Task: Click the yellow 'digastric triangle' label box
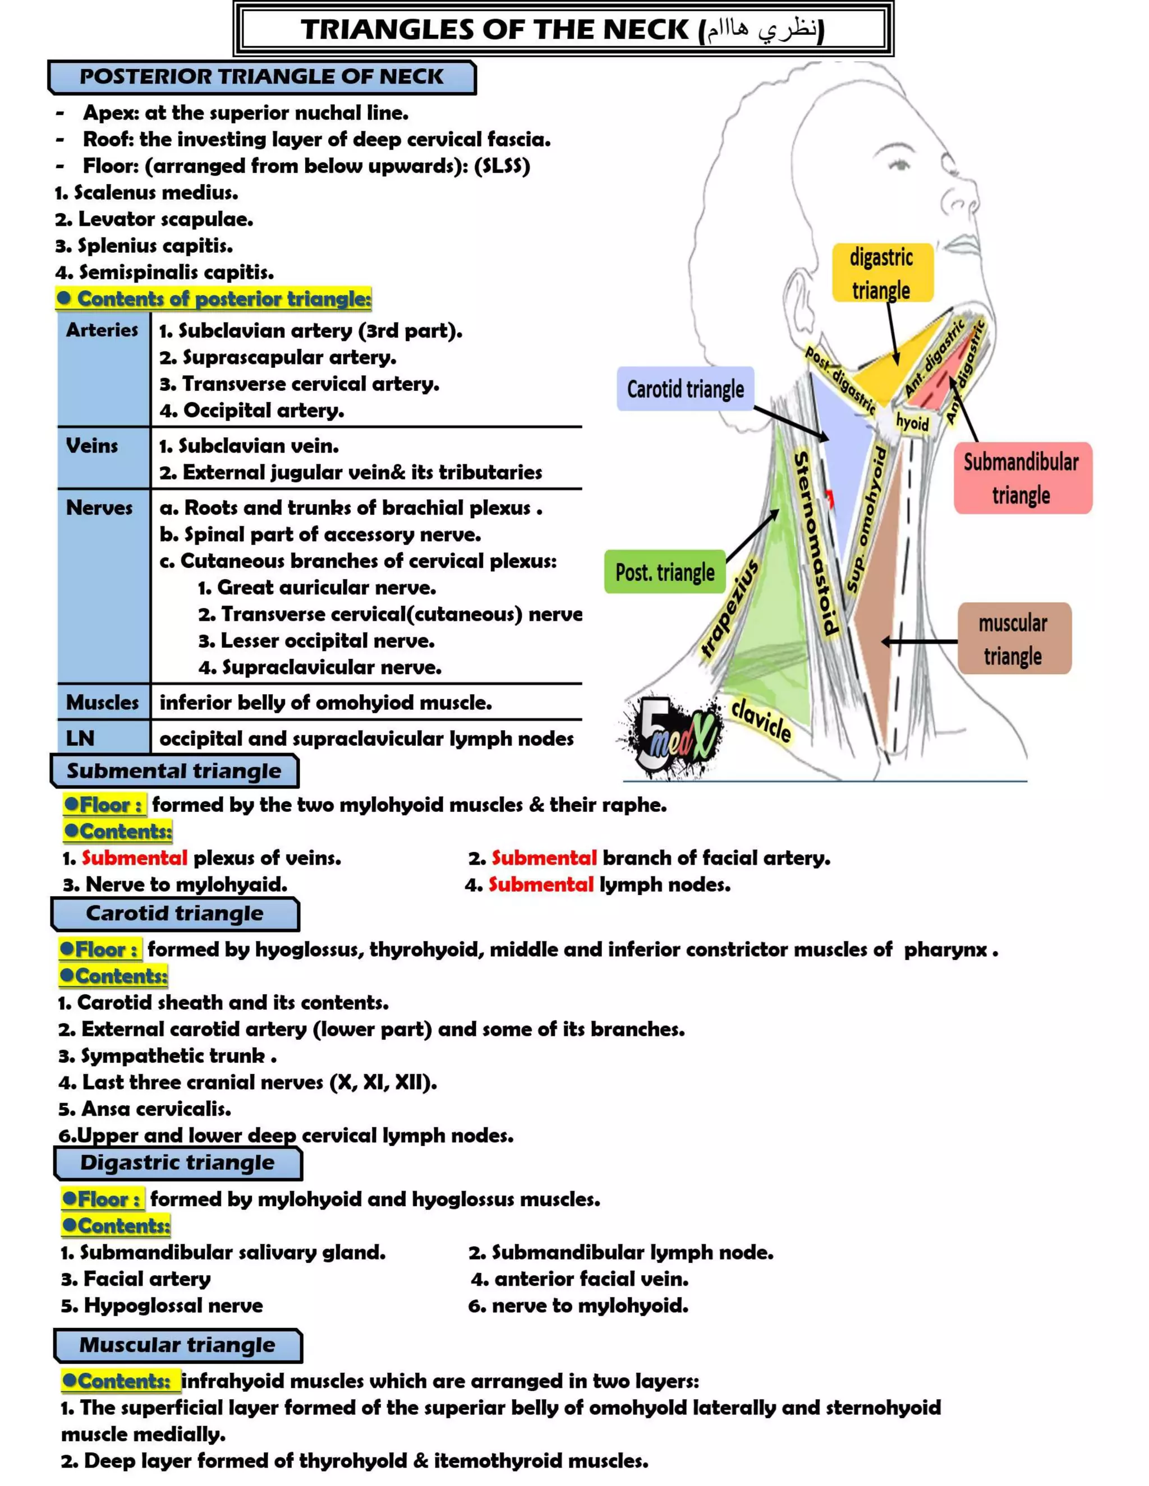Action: coord(882,273)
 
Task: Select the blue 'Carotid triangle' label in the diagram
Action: coord(685,389)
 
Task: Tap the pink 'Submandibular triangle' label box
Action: coord(1022,478)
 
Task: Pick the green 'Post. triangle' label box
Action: coord(665,572)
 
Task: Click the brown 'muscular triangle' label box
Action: coord(1014,639)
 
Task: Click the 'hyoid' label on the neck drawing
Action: coord(912,423)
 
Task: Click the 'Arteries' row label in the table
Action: coord(102,330)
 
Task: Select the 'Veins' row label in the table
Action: coord(92,446)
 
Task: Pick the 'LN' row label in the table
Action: coord(80,739)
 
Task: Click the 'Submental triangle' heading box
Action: coord(174,771)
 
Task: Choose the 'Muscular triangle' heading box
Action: coord(178,1345)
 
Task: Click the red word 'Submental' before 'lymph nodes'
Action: coord(541,884)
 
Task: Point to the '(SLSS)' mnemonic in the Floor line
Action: coord(502,166)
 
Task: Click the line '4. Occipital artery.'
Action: coord(252,410)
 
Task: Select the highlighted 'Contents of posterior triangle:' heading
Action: coord(214,299)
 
